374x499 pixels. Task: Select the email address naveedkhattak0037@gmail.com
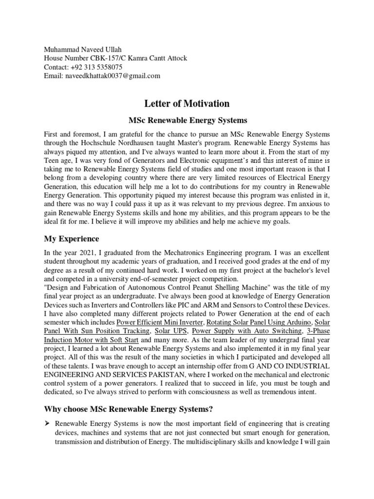point(113,76)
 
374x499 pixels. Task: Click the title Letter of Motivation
point(187,103)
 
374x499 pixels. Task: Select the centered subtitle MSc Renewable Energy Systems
point(187,120)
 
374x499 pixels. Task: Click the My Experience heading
point(71,239)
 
